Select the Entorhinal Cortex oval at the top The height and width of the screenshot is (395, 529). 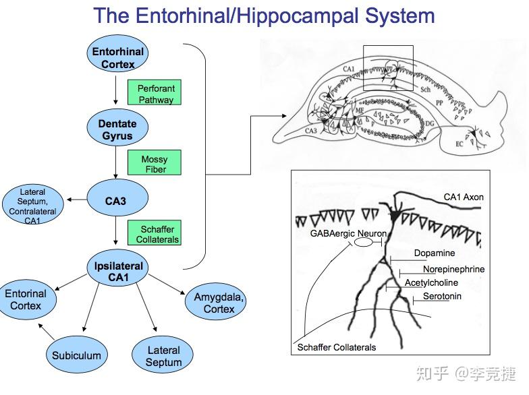coord(118,58)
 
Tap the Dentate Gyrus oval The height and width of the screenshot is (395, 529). coord(117,129)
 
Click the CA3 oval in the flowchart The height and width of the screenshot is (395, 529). coord(117,200)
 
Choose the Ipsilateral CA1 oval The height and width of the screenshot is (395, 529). coord(118,271)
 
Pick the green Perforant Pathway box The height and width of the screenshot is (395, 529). coord(156,94)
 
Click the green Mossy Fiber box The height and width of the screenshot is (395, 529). coord(155,164)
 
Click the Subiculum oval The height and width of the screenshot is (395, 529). coord(77,355)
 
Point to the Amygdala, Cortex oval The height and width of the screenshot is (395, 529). coord(219,303)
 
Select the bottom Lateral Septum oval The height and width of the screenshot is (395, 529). coord(163,356)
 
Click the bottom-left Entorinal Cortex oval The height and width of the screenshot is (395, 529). coord(26,300)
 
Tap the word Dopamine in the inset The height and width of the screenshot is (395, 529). coord(434,253)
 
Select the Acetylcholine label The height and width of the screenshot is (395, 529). coord(431,282)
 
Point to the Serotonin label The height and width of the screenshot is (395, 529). coord(442,296)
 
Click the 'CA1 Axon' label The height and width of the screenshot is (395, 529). coord(464,197)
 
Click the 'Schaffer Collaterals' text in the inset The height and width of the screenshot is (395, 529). coord(337,348)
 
